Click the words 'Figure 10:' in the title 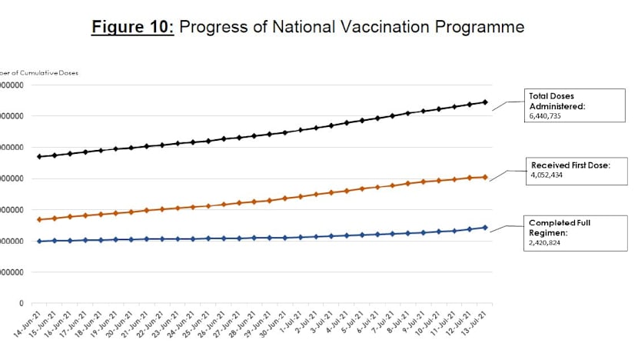[133, 28]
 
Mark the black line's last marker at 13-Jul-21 [485, 102]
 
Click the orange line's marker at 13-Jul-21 [485, 178]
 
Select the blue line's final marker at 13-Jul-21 [485, 228]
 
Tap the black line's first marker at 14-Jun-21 [39, 157]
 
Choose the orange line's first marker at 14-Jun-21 [39, 220]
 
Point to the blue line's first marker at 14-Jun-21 [39, 242]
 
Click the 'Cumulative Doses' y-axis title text [50, 73]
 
